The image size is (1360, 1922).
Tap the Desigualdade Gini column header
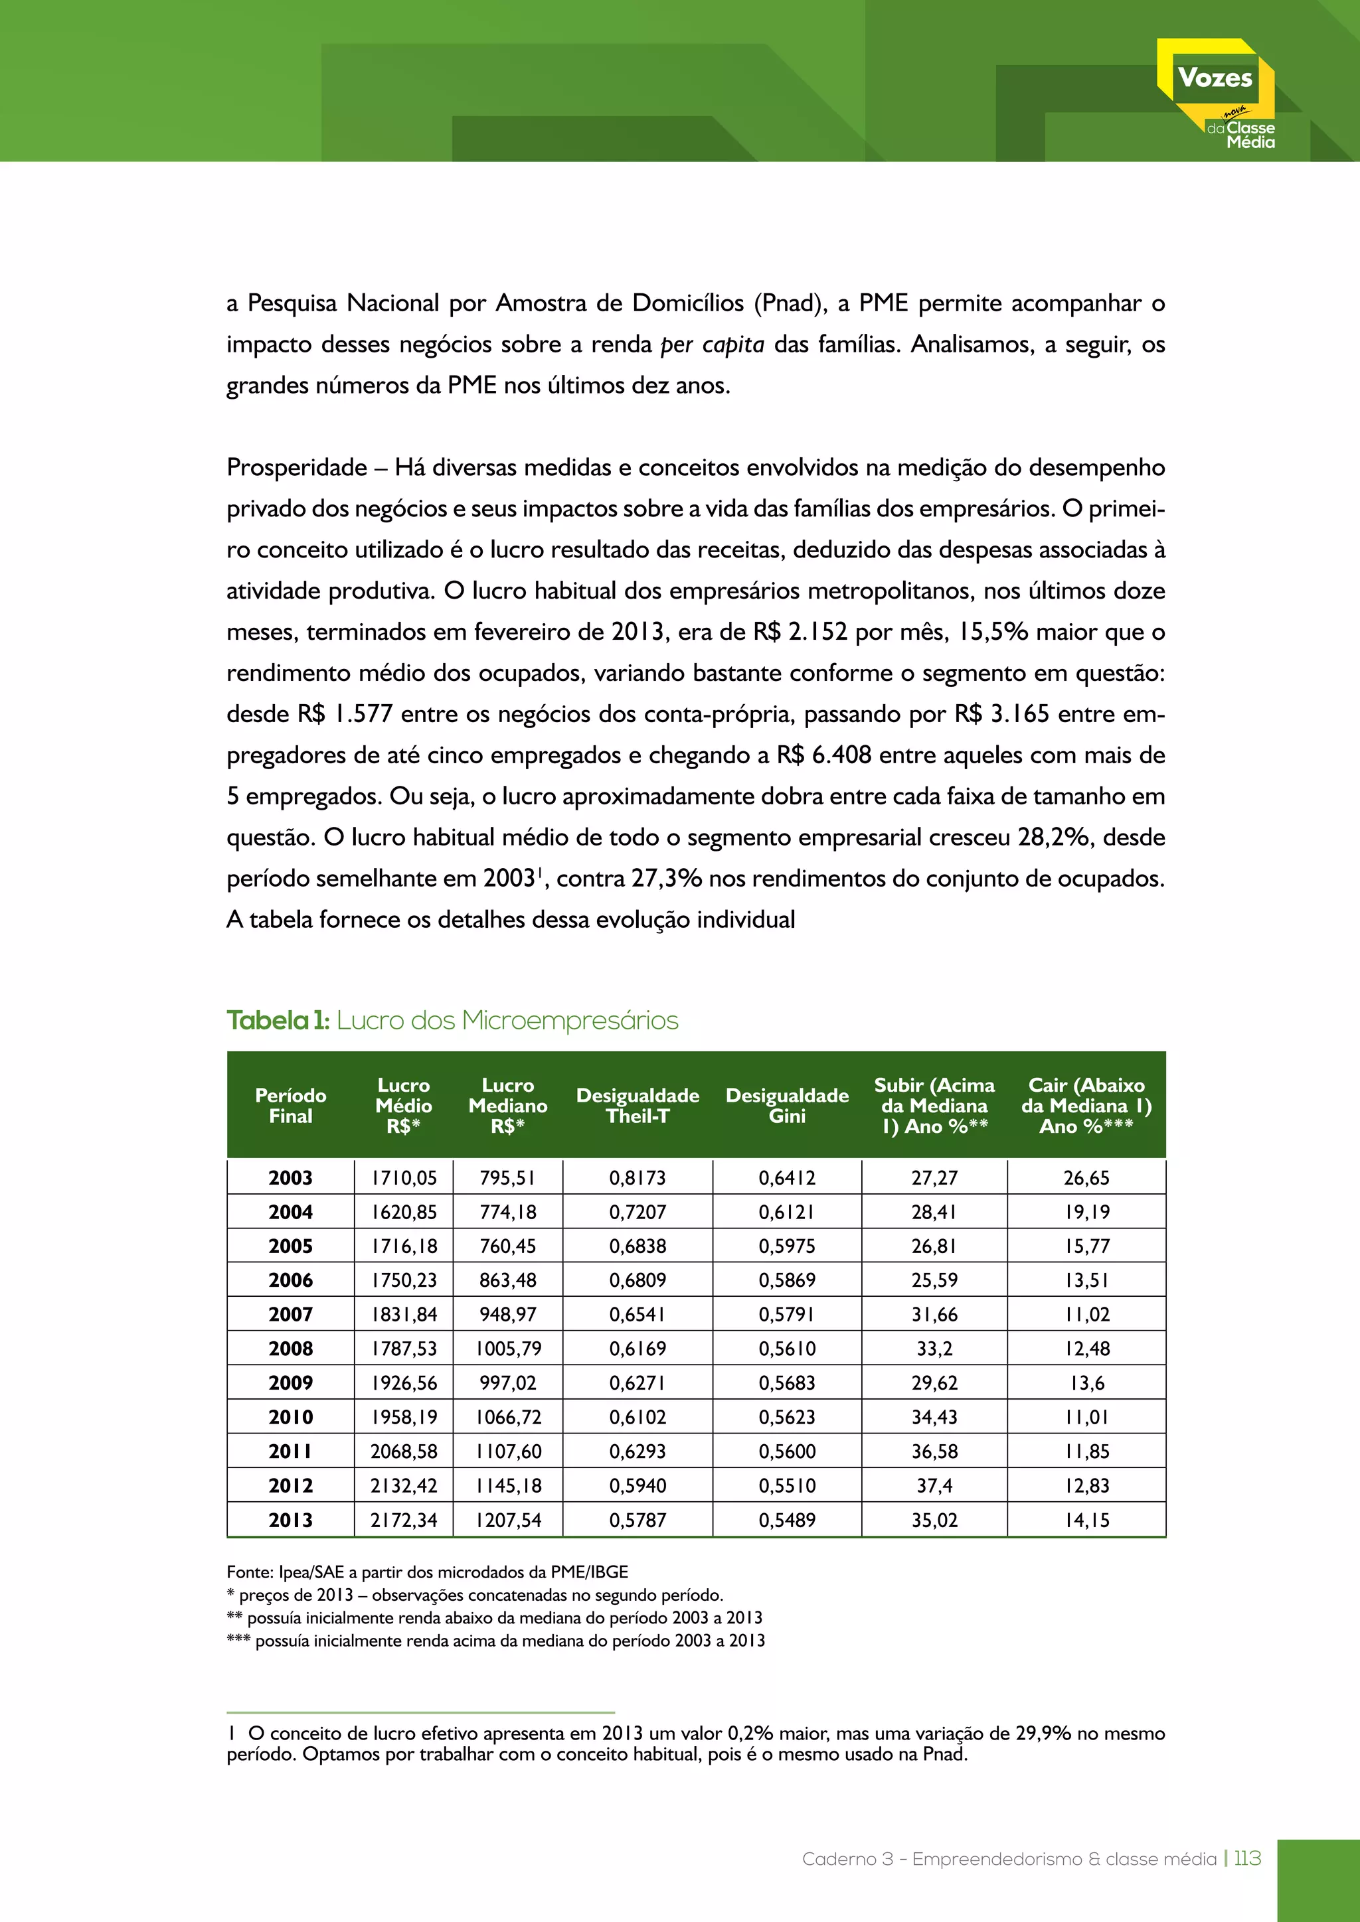point(786,1105)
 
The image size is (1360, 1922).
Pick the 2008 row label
point(291,1349)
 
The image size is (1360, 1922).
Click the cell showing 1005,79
point(508,1349)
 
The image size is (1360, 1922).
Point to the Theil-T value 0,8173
point(637,1178)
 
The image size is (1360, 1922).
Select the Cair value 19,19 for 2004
point(1086,1212)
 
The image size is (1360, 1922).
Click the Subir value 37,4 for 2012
point(934,1485)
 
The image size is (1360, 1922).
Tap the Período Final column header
point(291,1105)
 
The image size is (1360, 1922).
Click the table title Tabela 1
point(278,1021)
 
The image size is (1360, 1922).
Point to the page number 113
point(1247,1858)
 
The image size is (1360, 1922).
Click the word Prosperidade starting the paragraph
point(296,468)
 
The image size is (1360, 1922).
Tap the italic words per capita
point(712,345)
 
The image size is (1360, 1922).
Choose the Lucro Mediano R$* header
point(507,1105)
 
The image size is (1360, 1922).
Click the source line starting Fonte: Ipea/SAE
point(427,1572)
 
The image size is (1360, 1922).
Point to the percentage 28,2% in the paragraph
point(1055,837)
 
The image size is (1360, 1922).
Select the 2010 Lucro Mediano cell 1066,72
point(508,1417)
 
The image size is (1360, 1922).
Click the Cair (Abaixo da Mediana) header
point(1086,1105)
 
